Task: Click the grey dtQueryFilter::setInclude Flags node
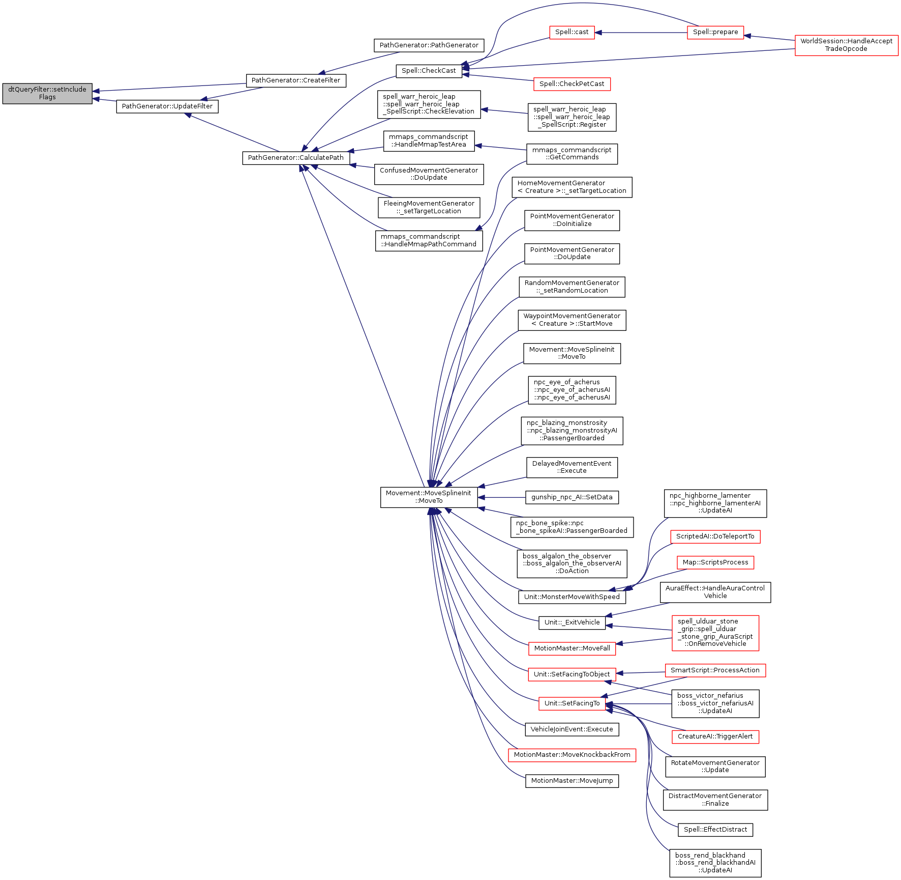[47, 93]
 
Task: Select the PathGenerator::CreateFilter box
[295, 80]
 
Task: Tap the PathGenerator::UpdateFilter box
[167, 106]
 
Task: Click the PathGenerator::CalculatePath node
[295, 158]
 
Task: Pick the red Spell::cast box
[572, 32]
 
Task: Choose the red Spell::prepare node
[715, 32]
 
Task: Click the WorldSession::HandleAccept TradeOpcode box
[846, 45]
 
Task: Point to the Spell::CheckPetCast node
[572, 84]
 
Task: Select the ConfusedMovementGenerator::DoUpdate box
[429, 174]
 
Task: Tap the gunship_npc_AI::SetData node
[572, 497]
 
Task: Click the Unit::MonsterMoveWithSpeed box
[572, 597]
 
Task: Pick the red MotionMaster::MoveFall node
[572, 648]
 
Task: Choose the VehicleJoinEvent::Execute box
[572, 729]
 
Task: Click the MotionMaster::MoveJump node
[572, 781]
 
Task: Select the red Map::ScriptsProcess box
[715, 562]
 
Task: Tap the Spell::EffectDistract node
[715, 830]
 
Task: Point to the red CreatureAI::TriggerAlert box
[715, 736]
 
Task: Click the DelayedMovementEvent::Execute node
[572, 467]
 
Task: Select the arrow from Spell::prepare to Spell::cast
[641, 33]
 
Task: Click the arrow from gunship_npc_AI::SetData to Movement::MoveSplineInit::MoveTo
[501, 497]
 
